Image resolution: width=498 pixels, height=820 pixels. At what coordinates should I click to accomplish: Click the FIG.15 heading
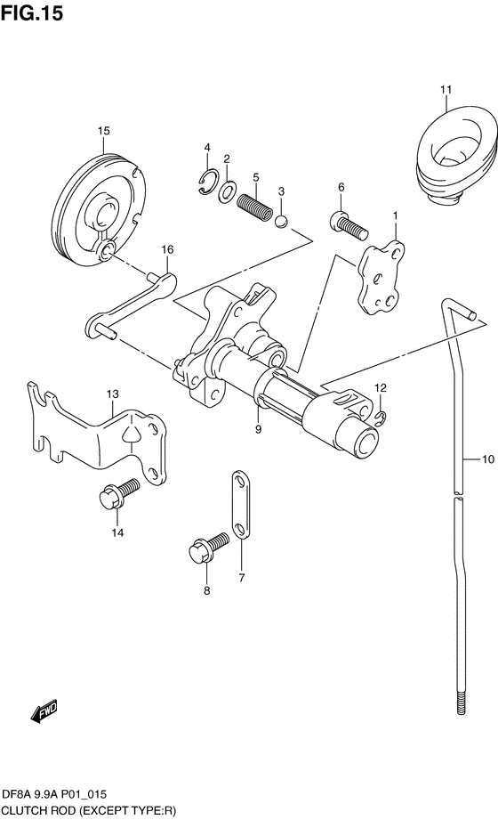[x=32, y=12]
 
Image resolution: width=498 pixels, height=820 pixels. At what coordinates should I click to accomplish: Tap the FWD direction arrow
[x=44, y=711]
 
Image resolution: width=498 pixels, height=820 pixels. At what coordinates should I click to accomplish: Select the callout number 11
[x=446, y=89]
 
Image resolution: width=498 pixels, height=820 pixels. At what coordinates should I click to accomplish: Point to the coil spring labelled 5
[x=255, y=206]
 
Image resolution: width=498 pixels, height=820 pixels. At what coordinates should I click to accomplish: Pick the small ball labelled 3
[x=281, y=221]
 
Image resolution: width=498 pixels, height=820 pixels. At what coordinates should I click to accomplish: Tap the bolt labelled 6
[x=349, y=225]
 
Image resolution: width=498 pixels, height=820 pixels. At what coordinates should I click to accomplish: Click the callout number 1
[x=395, y=215]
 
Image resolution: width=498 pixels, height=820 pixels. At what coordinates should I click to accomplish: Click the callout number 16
[x=166, y=249]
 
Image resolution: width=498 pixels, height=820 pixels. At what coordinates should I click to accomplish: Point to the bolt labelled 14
[x=118, y=493]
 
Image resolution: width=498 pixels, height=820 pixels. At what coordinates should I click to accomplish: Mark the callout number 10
[x=487, y=459]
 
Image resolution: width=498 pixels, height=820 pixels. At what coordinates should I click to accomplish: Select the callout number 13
[x=113, y=394]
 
